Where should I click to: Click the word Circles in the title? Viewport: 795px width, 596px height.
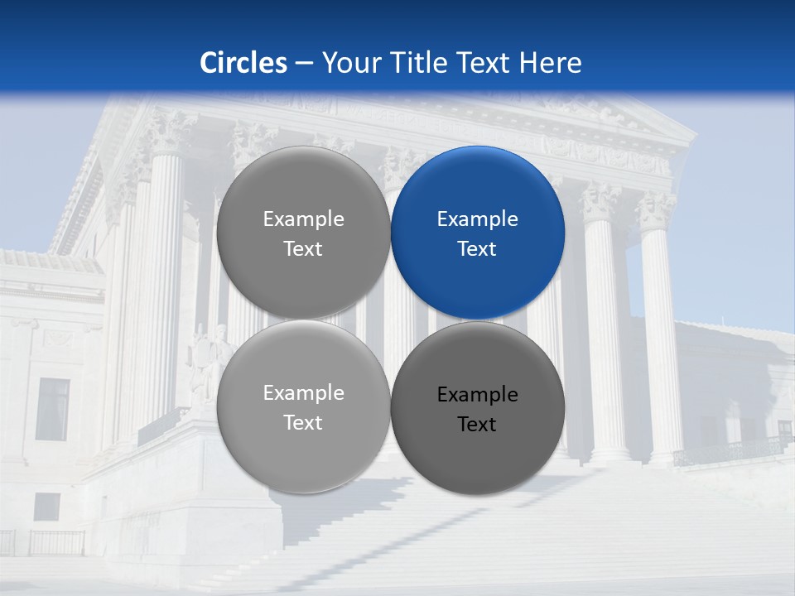coord(243,63)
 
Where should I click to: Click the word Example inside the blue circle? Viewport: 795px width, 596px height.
coord(477,219)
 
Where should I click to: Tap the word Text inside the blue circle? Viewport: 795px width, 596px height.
coord(477,249)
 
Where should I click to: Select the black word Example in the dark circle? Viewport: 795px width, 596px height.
coord(477,395)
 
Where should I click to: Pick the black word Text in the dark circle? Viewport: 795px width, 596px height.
coord(477,425)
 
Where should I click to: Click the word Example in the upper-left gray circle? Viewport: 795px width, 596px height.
coord(303,219)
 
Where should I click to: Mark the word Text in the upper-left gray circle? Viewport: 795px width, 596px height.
coord(303,249)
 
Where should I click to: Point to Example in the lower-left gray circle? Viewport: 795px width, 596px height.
coord(303,393)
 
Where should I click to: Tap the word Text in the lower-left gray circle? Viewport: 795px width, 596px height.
coord(303,423)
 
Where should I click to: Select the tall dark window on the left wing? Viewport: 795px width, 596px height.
coord(53,409)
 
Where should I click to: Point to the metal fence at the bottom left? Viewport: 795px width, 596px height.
coord(50,542)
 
